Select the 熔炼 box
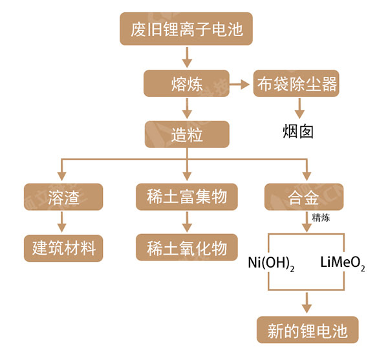(186, 84)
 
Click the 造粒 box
(186, 134)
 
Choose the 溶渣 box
(63, 196)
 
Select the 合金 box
(304, 196)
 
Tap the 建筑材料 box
(63, 248)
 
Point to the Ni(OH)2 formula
(272, 264)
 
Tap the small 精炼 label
(321, 218)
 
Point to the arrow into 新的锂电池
(307, 302)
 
